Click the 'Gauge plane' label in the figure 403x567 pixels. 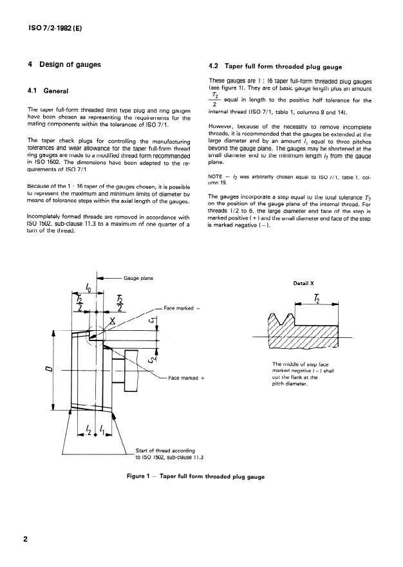pos(138,278)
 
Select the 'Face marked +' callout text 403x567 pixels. pos(186,378)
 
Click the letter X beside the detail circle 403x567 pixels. pos(113,321)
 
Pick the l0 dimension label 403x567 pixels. pos(89,288)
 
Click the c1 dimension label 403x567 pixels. pos(153,319)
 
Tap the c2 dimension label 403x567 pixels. pos(153,358)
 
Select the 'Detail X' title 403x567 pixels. pos(303,283)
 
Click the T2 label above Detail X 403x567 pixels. pos(317,299)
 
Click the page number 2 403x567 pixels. pos(25,539)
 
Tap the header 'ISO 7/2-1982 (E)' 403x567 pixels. pos(55,28)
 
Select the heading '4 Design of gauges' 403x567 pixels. pos(64,65)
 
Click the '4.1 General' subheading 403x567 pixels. pos(48,91)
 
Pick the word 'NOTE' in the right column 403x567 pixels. pos(215,176)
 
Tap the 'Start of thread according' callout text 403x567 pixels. pos(165,451)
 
